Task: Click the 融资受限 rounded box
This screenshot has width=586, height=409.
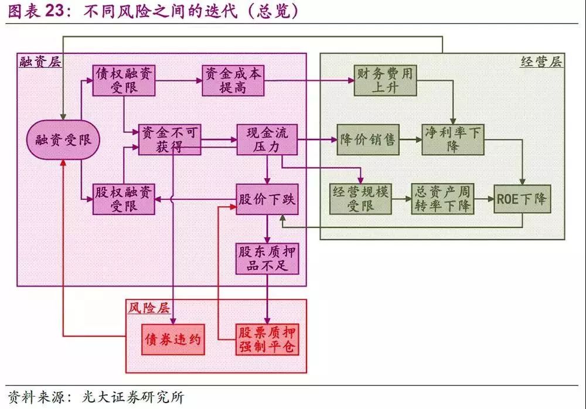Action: [63, 140]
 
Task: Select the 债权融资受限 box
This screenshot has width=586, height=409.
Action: [124, 80]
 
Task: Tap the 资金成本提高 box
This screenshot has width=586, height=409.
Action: [233, 80]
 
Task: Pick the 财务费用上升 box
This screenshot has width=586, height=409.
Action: [384, 80]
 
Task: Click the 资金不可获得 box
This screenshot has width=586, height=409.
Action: [169, 139]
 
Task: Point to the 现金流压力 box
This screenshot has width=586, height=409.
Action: [267, 139]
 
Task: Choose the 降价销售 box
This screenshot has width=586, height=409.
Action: [368, 140]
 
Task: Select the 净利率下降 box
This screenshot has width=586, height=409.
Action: [453, 139]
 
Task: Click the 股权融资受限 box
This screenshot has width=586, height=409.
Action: [124, 199]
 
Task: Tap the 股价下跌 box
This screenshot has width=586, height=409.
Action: [267, 199]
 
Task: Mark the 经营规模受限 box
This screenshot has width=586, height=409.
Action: [361, 199]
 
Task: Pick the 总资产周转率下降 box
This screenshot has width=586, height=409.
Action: [442, 199]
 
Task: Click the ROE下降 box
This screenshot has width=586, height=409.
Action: [523, 199]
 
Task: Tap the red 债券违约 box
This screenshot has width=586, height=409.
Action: [173, 339]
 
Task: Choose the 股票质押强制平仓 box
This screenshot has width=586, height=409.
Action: [267, 339]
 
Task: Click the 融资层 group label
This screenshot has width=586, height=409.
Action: [39, 62]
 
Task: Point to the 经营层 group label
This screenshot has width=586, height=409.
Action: [541, 62]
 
